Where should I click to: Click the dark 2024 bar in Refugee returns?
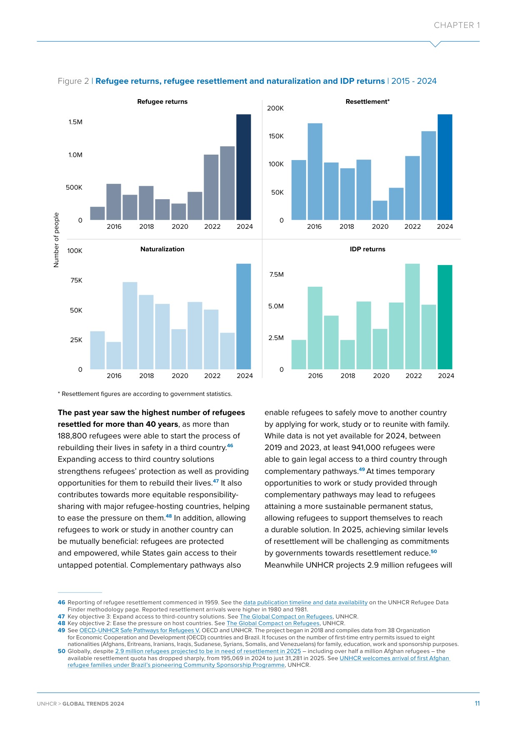tap(243, 167)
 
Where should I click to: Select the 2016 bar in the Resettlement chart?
tap(315, 172)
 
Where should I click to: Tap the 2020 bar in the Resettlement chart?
tap(380, 210)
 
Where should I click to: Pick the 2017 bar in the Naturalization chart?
tap(130, 326)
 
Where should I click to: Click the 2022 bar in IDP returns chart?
tap(412, 317)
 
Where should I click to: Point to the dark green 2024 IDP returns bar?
tap(445, 317)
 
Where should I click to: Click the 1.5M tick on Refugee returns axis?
tap(75, 122)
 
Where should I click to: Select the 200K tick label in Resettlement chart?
tap(275, 108)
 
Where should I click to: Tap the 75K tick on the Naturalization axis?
tap(76, 280)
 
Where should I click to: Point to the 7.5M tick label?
tap(276, 275)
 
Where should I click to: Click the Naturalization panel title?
tap(162, 249)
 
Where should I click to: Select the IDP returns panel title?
tap(367, 249)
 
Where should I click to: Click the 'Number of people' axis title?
tap(57, 240)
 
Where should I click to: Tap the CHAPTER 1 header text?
tap(457, 25)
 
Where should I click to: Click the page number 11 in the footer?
tap(477, 703)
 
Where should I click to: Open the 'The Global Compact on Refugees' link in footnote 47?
tap(286, 617)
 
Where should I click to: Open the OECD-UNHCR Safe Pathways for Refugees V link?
tap(140, 631)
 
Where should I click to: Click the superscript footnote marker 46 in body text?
tap(230, 446)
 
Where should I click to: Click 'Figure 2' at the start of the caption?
tap(73, 81)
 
